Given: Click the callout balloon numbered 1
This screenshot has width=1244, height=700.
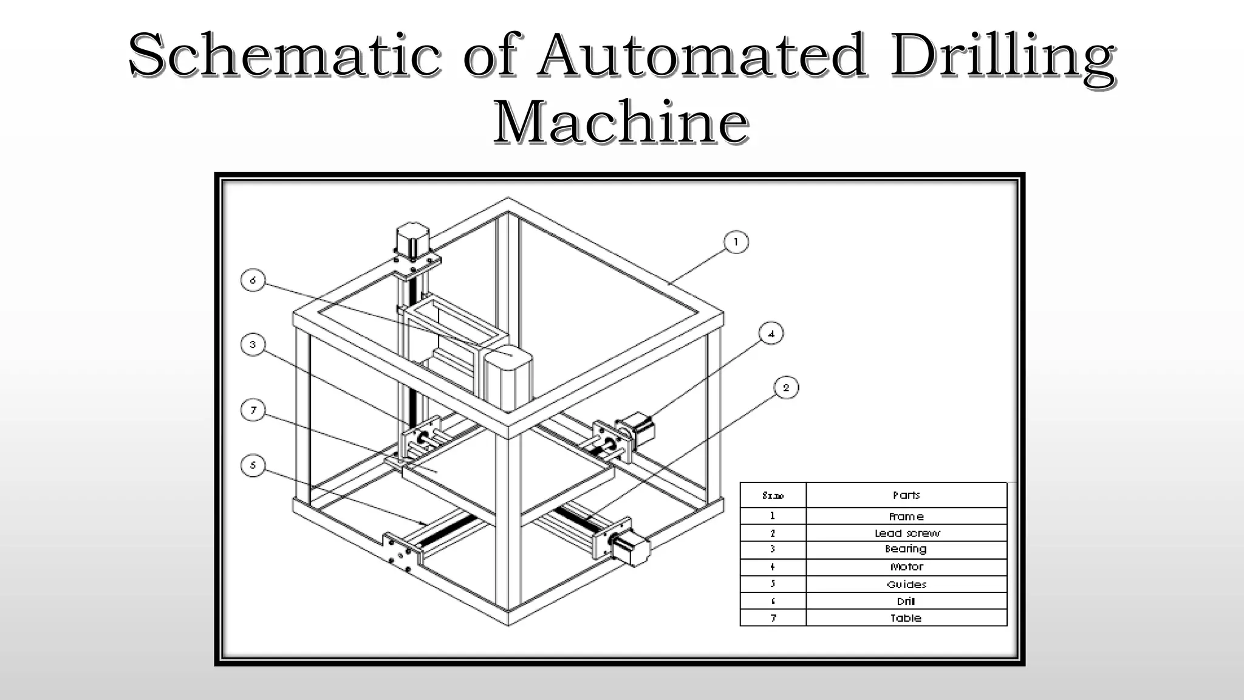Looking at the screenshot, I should pos(736,242).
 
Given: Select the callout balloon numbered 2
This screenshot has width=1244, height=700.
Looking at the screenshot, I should pos(786,388).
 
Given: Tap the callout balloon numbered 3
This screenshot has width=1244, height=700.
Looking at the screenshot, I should pos(253,345).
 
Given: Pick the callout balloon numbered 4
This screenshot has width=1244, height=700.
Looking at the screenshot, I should pos(771,334).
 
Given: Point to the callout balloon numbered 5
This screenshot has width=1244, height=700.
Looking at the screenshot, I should pos(253,466).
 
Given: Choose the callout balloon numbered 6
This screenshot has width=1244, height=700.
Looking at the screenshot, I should pos(253,280).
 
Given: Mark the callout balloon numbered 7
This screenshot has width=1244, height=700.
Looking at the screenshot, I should pos(253,410).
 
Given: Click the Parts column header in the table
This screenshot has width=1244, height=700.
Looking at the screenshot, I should pos(906,495).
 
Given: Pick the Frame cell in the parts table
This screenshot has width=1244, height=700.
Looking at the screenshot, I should pos(906,516).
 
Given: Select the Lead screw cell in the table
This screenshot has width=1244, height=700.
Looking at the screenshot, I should pos(906,533).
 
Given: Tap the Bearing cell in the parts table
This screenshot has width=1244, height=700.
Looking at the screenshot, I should pos(906,549).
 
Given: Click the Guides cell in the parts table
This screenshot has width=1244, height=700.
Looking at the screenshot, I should pos(906,585).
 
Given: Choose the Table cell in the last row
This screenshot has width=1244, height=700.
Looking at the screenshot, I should pos(906,618).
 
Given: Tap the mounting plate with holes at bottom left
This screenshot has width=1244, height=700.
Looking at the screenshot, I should pos(401,553).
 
